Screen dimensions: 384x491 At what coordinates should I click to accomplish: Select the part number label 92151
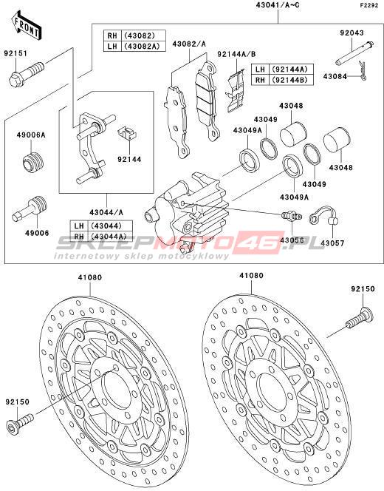(16, 53)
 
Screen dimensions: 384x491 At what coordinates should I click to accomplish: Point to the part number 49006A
(31, 135)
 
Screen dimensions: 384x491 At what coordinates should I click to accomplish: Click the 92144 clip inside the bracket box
(127, 133)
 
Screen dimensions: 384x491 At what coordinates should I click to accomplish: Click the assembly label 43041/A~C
(278, 5)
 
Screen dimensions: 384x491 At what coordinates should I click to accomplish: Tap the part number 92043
(352, 33)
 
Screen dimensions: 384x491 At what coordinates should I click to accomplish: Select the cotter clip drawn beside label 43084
(363, 71)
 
